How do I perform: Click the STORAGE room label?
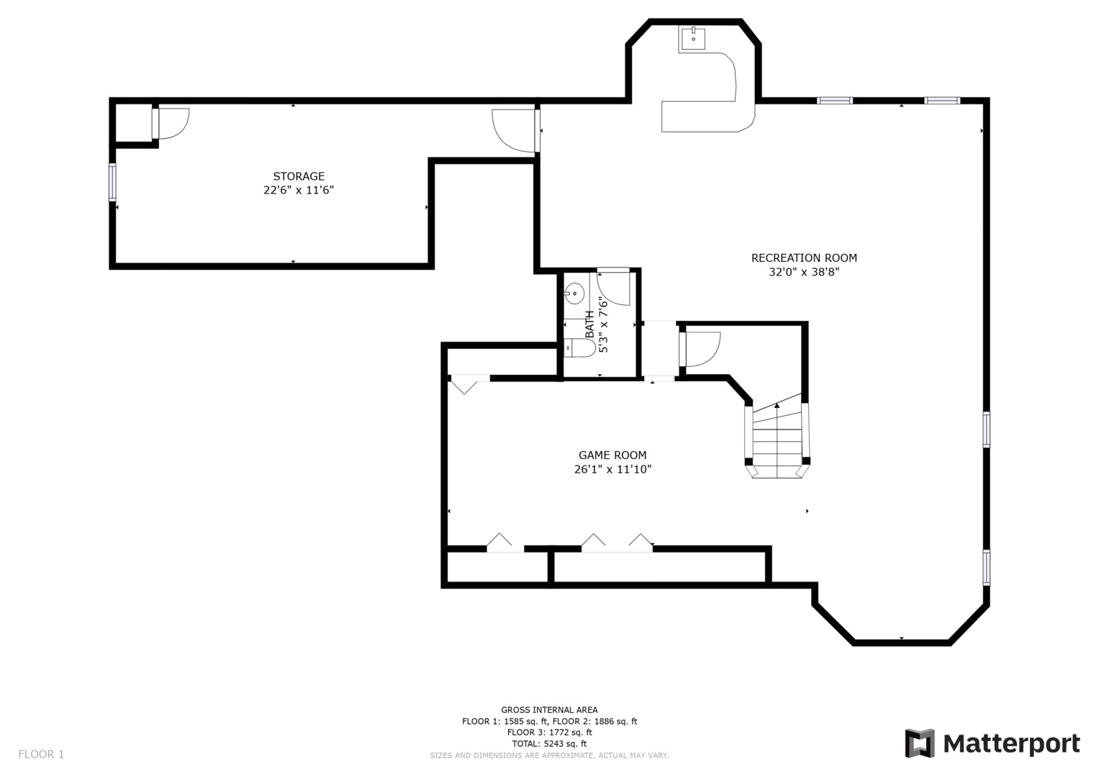click(298, 176)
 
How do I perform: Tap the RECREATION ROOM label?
click(804, 258)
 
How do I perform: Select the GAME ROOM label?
click(612, 455)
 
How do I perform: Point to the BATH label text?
click(589, 324)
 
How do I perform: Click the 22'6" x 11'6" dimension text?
click(298, 190)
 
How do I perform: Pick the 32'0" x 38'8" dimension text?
click(804, 272)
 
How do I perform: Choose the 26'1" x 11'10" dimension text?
click(612, 469)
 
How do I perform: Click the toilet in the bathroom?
click(579, 347)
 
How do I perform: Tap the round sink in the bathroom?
click(574, 294)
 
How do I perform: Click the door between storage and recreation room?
click(516, 130)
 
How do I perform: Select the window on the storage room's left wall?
click(112, 182)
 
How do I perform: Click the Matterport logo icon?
click(920, 743)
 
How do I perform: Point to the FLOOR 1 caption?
click(41, 755)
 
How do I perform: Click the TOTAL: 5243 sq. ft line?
click(550, 744)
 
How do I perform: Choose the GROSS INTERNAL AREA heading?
click(550, 710)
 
